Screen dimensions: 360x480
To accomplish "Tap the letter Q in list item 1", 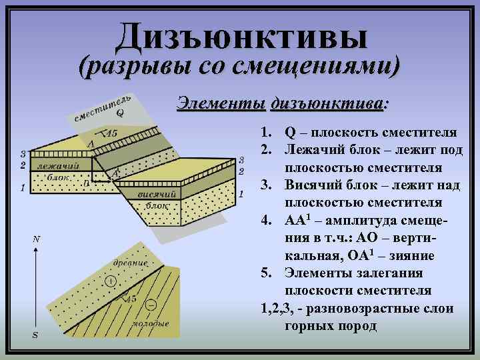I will [290, 130].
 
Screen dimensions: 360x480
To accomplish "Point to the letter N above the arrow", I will [37, 238].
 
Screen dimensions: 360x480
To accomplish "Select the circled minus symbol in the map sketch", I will [151, 305].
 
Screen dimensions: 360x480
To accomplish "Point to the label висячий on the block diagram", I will [156, 193].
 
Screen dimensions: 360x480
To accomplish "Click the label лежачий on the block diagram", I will [55, 165].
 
